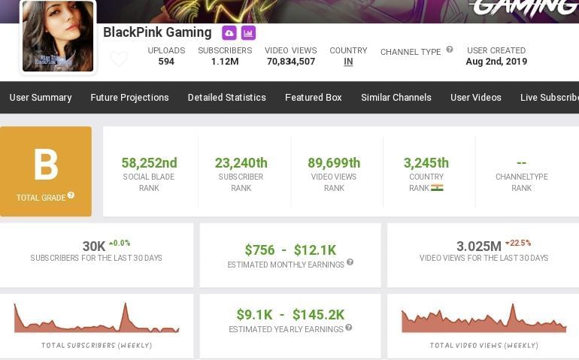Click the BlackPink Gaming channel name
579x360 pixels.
click(x=157, y=32)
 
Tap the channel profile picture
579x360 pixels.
click(x=58, y=36)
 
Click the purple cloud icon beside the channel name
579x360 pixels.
click(x=229, y=33)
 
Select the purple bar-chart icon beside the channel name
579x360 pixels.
click(x=248, y=33)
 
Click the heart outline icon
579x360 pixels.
click(x=119, y=59)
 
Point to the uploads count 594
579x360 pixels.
click(x=166, y=62)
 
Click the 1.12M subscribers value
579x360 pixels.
click(x=225, y=62)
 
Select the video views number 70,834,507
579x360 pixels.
click(x=291, y=62)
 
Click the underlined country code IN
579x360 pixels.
click(x=348, y=62)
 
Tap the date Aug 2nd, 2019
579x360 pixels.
click(x=496, y=62)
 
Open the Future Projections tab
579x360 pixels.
click(x=129, y=98)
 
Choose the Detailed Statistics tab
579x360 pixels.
click(x=226, y=98)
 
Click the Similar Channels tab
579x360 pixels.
click(x=396, y=98)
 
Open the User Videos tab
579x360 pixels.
click(x=475, y=98)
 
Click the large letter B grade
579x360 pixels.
click(x=46, y=165)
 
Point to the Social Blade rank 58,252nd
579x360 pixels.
click(x=149, y=163)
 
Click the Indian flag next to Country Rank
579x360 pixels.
click(x=437, y=188)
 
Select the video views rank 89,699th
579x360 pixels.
click(x=334, y=163)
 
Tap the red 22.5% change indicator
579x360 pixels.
click(x=518, y=243)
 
